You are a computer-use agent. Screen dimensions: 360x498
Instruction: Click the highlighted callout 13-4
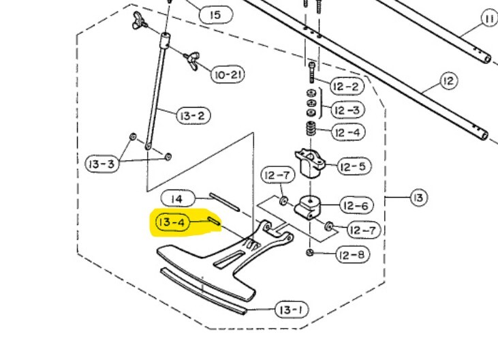172,222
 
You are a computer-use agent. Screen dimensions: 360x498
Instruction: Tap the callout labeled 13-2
192,116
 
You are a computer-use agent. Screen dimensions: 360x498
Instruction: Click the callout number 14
176,199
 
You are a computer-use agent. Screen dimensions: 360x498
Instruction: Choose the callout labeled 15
215,14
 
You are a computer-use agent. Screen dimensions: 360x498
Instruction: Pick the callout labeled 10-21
228,74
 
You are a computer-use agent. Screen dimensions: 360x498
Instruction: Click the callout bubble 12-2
346,87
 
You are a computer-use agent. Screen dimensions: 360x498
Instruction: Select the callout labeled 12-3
347,110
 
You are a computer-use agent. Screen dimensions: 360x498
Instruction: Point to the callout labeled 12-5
353,165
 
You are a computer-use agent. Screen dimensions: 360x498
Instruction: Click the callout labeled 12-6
354,205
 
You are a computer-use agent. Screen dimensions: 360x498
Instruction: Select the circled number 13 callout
418,198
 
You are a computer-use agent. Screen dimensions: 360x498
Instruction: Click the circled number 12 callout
447,82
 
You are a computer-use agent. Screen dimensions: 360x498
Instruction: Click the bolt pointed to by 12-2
312,71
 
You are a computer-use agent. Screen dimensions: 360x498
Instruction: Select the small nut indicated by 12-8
310,253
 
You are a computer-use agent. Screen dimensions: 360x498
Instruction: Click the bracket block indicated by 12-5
311,163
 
